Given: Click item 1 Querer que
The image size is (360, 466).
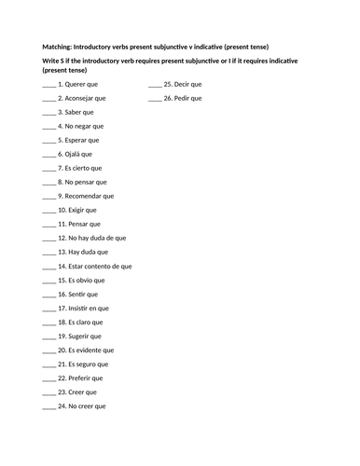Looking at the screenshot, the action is click(x=77, y=83).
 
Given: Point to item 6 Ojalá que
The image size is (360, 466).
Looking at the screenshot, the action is click(x=75, y=154).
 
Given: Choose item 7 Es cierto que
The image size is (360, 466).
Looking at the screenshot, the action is click(x=79, y=168).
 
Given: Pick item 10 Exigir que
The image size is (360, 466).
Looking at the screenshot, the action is click(x=76, y=210).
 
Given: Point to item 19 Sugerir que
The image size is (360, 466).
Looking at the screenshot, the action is click(x=79, y=336).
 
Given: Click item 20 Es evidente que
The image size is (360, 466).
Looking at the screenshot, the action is click(x=85, y=349).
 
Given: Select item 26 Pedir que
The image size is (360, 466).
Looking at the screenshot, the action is click(x=183, y=97).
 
